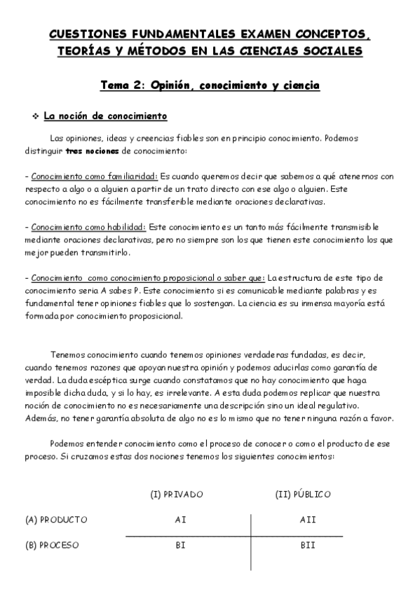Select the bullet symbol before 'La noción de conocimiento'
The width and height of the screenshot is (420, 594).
[x=35, y=116]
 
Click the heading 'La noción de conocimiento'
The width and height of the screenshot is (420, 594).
[x=105, y=116]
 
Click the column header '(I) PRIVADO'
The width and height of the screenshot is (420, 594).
[x=177, y=495]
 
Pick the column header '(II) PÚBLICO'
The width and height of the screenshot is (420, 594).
[x=303, y=495]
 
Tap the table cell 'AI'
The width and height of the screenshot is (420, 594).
[x=180, y=520]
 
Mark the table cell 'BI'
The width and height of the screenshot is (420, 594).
[x=180, y=545]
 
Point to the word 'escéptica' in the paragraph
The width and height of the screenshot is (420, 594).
[x=99, y=380]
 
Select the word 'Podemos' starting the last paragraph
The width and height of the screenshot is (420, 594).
[x=68, y=444]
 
